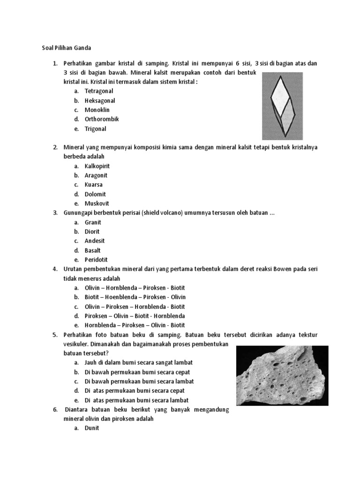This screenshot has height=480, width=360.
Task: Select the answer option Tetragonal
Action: click(98, 91)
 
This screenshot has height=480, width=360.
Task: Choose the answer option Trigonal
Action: click(95, 128)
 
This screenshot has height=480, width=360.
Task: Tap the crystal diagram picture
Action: click(282, 106)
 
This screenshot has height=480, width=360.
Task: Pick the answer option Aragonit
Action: click(96, 175)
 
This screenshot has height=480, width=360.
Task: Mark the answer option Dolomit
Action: click(95, 194)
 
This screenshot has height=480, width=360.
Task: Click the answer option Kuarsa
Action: click(93, 185)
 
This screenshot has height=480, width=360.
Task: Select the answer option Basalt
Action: click(92, 250)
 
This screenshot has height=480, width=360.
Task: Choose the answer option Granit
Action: click(93, 222)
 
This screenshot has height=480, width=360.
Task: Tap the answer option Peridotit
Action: click(96, 260)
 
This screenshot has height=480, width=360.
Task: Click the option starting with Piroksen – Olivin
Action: click(135, 316)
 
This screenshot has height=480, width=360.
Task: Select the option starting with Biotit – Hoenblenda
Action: click(135, 297)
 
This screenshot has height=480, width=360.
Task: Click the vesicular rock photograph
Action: click(282, 375)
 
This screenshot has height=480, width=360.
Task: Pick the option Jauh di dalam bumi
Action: click(138, 363)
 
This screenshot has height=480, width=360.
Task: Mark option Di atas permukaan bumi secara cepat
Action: click(135, 390)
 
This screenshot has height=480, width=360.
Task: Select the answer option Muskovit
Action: click(97, 203)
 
